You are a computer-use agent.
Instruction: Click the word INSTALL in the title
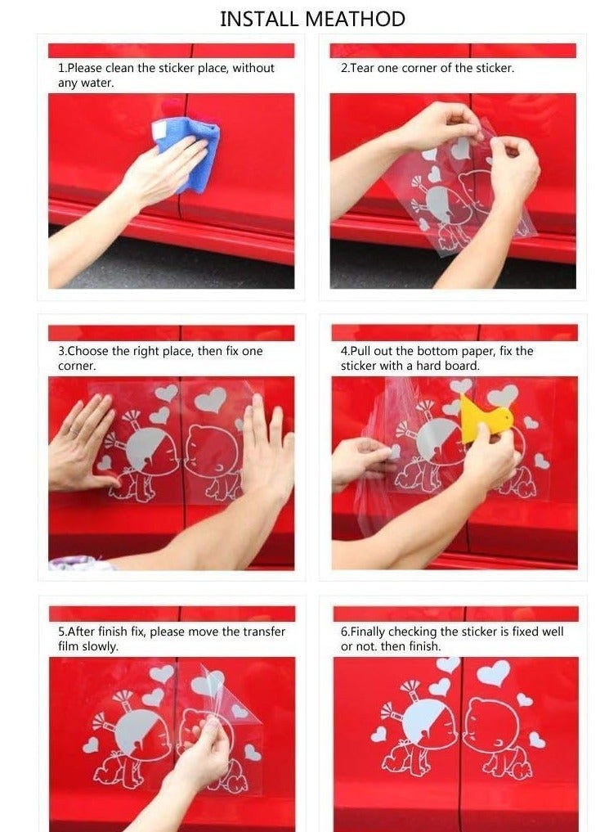tap(257, 19)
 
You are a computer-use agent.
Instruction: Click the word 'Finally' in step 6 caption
tap(370, 632)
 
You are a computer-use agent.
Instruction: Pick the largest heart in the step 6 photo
tap(493, 673)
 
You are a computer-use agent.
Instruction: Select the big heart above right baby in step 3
tap(210, 399)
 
